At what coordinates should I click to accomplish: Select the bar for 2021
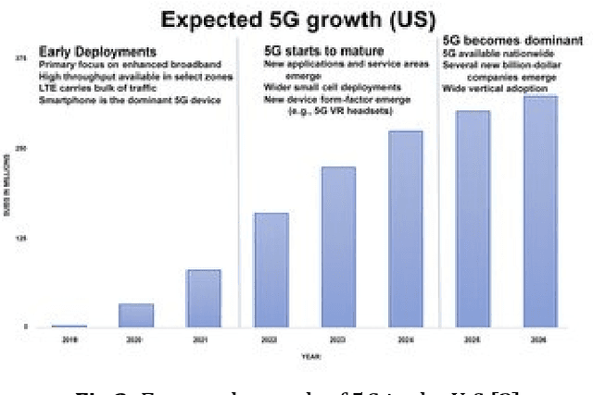(x=204, y=298)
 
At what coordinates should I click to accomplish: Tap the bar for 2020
(x=136, y=315)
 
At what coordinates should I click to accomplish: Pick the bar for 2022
(x=271, y=269)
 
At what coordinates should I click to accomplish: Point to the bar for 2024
(x=405, y=228)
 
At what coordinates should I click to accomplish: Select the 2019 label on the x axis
(x=69, y=339)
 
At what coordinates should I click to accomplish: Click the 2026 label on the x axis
(x=540, y=339)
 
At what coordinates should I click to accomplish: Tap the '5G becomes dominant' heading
(x=501, y=42)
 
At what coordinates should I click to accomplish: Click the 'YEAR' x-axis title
(x=311, y=356)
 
